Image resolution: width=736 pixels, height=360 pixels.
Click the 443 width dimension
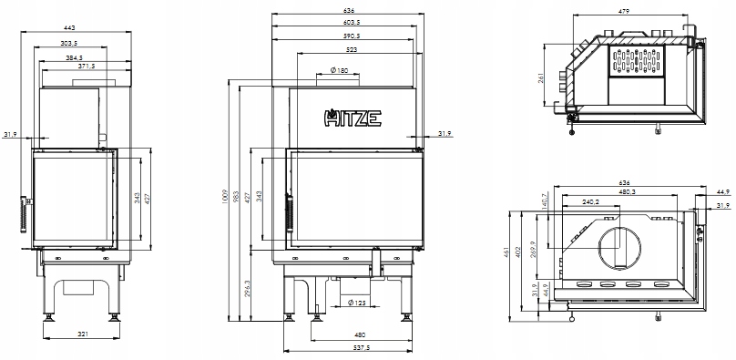pyautogui.click(x=69, y=27)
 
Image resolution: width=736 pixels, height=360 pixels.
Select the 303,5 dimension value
pyautogui.click(x=69, y=43)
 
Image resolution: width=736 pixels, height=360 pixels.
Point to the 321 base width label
pyautogui.click(x=83, y=334)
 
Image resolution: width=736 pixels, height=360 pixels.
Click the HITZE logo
pyautogui.click(x=353, y=118)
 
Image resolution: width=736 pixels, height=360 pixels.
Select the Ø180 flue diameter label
pyautogui.click(x=339, y=70)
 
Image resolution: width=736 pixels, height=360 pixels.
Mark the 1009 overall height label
pyautogui.click(x=224, y=196)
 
